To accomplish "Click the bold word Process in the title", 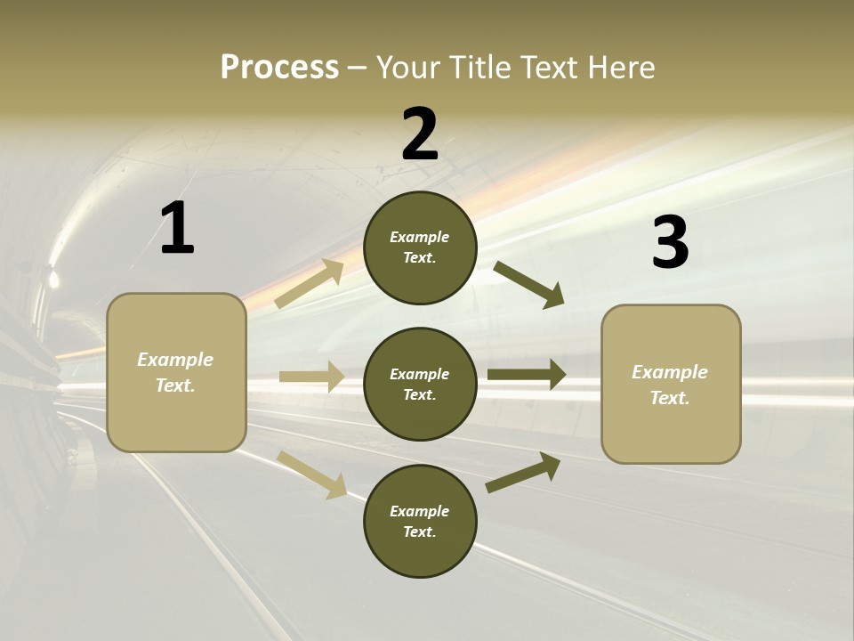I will click(279, 67).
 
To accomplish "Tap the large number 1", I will click(177, 229).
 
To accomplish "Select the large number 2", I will click(420, 134).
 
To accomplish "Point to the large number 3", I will click(670, 243).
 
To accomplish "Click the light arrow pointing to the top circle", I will click(310, 284).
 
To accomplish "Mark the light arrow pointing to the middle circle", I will click(311, 377).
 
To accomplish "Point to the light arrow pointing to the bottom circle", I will click(311, 474).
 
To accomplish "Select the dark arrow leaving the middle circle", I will click(527, 375).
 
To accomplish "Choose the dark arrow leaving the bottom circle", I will click(523, 472).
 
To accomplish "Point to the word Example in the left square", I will click(175, 360).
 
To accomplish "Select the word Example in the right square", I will click(670, 372).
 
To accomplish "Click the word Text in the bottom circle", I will click(418, 531).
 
